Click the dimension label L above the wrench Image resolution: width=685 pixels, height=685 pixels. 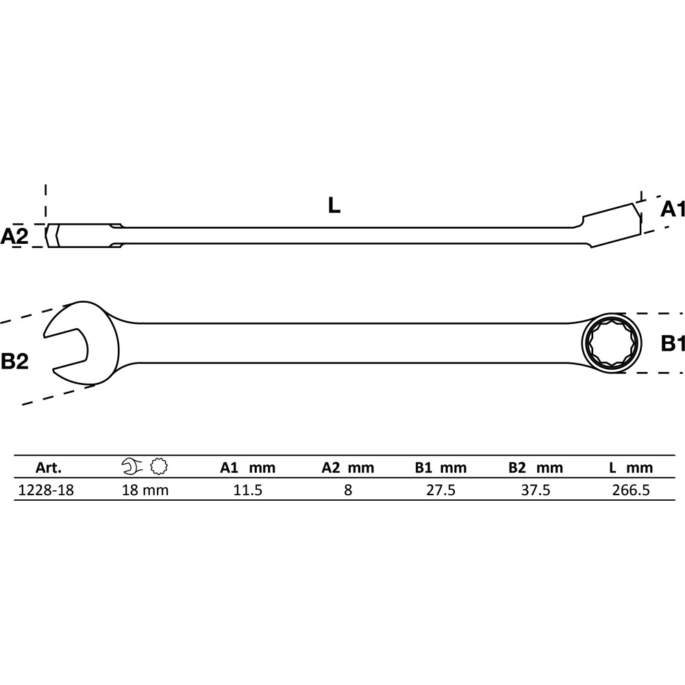[334, 206]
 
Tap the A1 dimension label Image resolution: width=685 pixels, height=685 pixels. [673, 209]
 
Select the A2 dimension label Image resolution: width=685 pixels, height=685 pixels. [14, 236]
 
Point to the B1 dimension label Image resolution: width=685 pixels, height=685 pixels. [673, 343]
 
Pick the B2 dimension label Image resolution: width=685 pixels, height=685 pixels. [14, 361]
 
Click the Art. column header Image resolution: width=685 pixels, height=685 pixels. [49, 468]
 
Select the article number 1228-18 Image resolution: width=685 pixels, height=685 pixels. [46, 490]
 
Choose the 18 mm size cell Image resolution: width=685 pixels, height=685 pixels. [145, 490]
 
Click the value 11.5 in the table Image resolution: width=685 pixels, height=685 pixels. [248, 490]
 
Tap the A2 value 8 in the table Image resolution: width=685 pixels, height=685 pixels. [348, 490]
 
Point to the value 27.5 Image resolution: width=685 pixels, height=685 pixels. [440, 490]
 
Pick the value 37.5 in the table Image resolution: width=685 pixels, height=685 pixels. [536, 490]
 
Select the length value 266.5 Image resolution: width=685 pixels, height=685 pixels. [631, 490]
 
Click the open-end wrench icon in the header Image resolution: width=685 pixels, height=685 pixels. [132, 466]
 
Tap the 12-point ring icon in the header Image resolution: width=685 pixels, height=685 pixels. [159, 466]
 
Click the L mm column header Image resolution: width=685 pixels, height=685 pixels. [631, 468]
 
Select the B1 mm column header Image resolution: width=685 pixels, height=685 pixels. [440, 468]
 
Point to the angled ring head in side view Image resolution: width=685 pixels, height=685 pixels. [612, 225]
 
